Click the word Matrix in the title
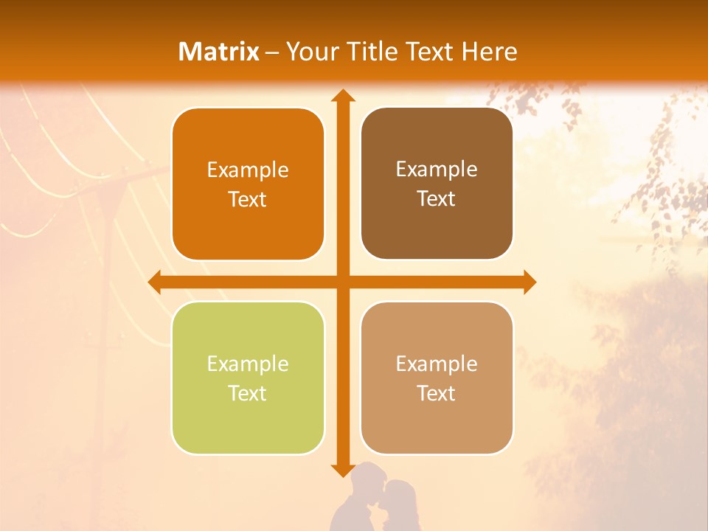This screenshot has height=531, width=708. click(x=219, y=52)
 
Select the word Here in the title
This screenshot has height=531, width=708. click(x=490, y=52)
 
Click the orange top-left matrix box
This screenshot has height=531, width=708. click(x=248, y=184)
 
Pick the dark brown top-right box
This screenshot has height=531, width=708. click(x=437, y=184)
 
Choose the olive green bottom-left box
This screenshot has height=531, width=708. click(x=248, y=378)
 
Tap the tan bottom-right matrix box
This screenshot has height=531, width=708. click(x=437, y=378)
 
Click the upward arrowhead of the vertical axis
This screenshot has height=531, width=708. click(x=342, y=96)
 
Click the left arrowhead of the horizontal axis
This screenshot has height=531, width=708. click(x=155, y=282)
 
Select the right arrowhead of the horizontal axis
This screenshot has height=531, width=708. click(x=529, y=282)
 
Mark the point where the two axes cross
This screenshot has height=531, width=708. click(x=342, y=282)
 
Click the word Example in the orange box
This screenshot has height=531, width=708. click(x=248, y=170)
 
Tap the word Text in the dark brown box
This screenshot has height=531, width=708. click(x=437, y=198)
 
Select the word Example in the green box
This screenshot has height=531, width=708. click(x=248, y=364)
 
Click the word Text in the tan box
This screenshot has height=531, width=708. click(x=437, y=393)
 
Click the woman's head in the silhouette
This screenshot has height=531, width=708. click(x=399, y=495)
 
